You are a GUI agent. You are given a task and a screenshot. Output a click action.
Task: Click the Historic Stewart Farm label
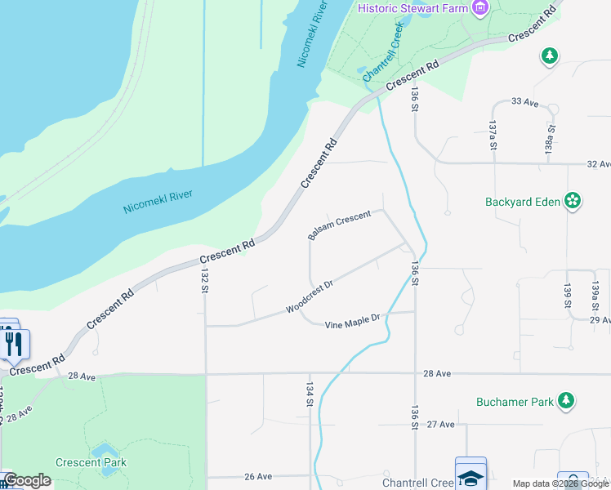[413, 8]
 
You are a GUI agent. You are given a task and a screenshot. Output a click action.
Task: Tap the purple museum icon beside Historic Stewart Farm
[480, 8]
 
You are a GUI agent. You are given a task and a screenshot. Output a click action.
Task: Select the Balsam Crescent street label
[339, 225]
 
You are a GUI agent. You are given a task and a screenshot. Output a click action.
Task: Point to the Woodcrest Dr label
[310, 297]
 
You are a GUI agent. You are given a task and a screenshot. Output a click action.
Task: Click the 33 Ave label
[525, 102]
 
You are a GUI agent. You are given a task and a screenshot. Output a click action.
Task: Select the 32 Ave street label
[599, 164]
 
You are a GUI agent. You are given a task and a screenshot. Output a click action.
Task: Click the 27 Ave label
[440, 425]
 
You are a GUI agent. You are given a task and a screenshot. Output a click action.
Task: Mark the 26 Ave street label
[257, 477]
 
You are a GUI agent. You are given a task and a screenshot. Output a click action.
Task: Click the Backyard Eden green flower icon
[573, 200]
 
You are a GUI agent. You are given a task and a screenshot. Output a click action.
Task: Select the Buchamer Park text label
[514, 402]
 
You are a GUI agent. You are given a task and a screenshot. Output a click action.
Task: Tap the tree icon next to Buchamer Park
[566, 400]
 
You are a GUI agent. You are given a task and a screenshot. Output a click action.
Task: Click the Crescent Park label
[91, 463]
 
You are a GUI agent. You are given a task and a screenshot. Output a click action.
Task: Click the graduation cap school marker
[471, 477]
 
